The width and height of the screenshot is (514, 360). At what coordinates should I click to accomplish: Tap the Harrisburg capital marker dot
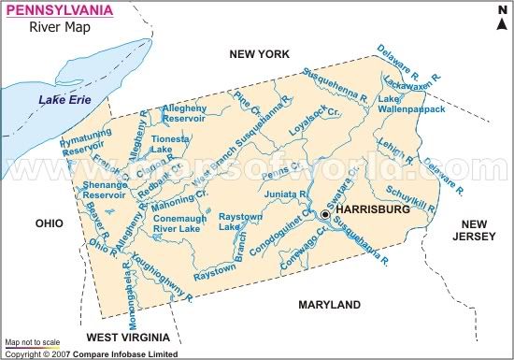[x=325, y=214]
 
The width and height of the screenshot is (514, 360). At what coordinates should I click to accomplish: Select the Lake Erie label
[x=59, y=99]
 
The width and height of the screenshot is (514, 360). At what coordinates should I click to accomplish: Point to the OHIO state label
[x=49, y=223]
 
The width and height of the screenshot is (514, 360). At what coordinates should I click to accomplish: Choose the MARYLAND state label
[x=329, y=305]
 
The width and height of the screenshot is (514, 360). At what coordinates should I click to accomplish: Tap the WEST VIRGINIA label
[x=127, y=335]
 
